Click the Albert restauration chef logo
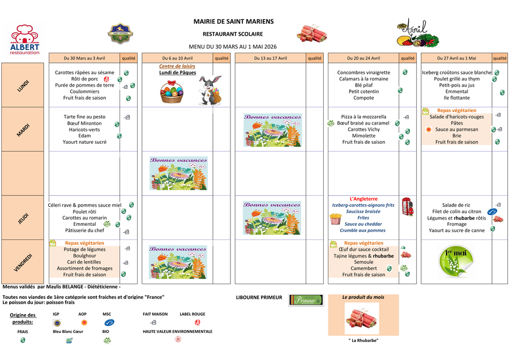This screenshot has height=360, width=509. (25, 38)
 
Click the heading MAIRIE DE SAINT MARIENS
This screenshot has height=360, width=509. (233, 22)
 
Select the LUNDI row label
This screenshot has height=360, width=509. (24, 85)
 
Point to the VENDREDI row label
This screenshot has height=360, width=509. (24, 262)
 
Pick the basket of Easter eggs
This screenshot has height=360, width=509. (172, 92)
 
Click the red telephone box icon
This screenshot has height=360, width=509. (407, 207)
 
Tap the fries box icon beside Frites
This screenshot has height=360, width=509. (335, 218)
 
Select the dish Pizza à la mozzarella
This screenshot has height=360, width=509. (362, 117)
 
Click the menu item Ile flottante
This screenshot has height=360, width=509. (456, 97)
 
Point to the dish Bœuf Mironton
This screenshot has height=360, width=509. (84, 123)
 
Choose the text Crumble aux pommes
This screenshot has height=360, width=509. (362, 230)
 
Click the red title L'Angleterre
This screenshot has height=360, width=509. (362, 199)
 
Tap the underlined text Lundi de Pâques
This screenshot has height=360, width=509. (177, 72)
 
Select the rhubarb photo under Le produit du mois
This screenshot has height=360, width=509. (361, 318)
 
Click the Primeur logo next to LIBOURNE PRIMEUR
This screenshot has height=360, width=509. (305, 301)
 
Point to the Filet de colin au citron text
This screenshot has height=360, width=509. (456, 212)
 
